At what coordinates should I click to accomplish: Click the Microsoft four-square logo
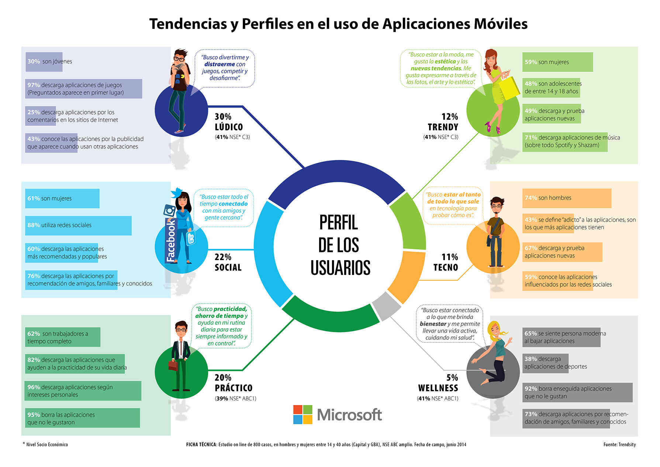pos(303,415)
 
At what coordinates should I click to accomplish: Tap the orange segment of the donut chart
pos(406,275)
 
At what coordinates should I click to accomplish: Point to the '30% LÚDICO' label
pos(229,122)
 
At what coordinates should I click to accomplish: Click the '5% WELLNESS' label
pos(438,383)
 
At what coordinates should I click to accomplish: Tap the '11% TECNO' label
pos(446,262)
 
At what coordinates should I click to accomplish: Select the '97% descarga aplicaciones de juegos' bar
pos(84,89)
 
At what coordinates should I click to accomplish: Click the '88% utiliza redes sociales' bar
pos(78,225)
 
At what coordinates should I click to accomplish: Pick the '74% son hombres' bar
pos(567,198)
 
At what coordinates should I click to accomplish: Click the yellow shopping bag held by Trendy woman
pos(509,88)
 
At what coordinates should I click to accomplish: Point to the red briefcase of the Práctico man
pos(173,365)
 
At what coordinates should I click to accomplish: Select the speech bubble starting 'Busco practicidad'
pos(221,326)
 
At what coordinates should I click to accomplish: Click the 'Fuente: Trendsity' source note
pos(619,444)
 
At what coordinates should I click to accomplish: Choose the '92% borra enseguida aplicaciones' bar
pos(577,392)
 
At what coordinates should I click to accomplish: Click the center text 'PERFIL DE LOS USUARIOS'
pos(339,245)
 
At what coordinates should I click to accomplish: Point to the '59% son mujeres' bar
pos(557,62)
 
